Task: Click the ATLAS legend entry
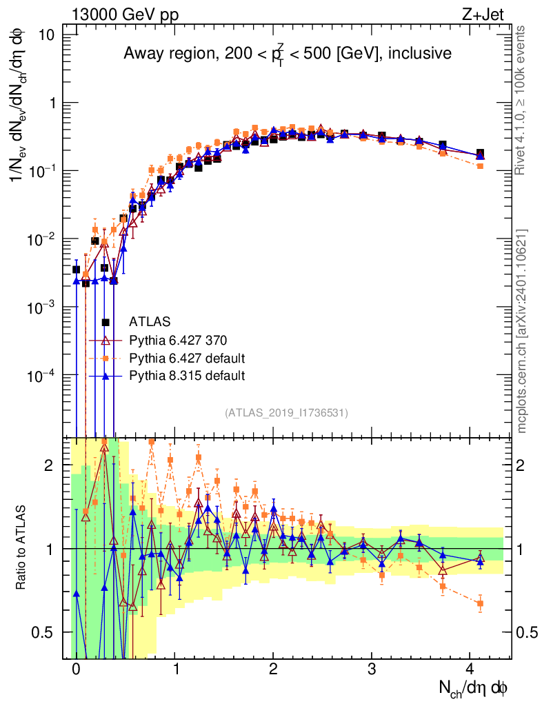click(150, 322)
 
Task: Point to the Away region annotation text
click(288, 55)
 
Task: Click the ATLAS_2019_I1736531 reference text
click(286, 413)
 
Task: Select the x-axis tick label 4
click(471, 669)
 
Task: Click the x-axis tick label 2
click(274, 669)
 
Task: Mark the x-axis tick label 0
click(76, 669)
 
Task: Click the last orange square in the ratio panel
click(481, 603)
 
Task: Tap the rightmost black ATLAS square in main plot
click(481, 153)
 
